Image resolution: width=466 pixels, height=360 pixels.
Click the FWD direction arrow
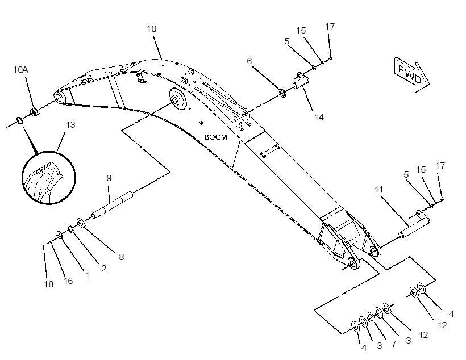[x=411, y=74]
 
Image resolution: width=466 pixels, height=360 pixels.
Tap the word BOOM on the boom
[x=216, y=137]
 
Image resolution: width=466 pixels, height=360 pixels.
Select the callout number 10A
[x=20, y=70]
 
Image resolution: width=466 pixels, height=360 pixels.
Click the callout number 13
[x=70, y=125]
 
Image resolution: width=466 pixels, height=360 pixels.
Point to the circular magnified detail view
[x=49, y=178]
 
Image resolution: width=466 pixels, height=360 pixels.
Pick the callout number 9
[x=109, y=178]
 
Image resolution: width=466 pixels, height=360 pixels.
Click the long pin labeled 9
[x=113, y=205]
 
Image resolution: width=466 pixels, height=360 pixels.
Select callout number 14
[x=319, y=118]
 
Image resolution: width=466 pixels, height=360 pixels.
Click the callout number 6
[x=249, y=61]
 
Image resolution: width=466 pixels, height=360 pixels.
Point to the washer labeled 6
[x=283, y=94]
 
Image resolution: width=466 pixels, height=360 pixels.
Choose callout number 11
[x=378, y=190]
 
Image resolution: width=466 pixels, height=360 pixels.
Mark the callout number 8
[x=121, y=257]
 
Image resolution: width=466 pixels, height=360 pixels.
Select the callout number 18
[x=49, y=284]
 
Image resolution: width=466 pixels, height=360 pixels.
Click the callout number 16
[x=68, y=281]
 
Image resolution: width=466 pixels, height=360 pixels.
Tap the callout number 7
[x=393, y=344]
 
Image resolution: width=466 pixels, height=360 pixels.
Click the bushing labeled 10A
[x=35, y=112]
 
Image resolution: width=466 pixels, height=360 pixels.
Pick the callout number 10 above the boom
[x=151, y=29]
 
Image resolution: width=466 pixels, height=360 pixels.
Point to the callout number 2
[x=104, y=269]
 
